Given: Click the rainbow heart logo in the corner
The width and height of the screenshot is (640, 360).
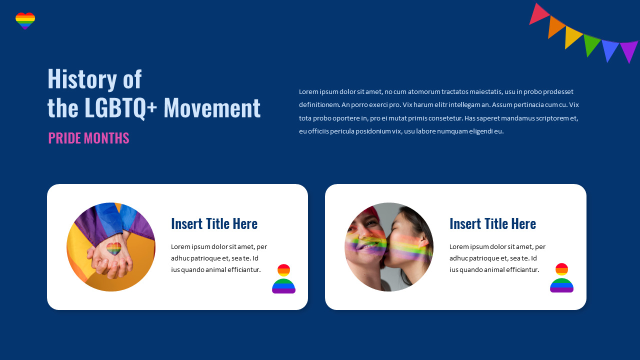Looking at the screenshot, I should click(x=25, y=21).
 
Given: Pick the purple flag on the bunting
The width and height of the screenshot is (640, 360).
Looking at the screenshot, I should click(x=628, y=50).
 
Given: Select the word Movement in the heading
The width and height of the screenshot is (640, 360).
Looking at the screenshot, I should click(x=212, y=107).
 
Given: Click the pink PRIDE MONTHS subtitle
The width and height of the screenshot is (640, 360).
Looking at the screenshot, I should click(x=88, y=138).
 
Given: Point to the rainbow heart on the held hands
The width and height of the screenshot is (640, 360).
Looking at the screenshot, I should click(x=114, y=248).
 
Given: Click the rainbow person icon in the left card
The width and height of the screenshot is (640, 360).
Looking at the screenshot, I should click(x=283, y=279).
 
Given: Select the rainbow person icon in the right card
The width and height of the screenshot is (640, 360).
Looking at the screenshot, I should click(x=561, y=278).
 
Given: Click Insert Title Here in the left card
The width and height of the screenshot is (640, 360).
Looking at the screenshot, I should click(x=214, y=223).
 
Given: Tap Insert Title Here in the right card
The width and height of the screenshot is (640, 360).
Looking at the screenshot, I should click(x=492, y=223).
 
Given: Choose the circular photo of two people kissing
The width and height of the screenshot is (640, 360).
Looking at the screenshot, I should click(x=389, y=247).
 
